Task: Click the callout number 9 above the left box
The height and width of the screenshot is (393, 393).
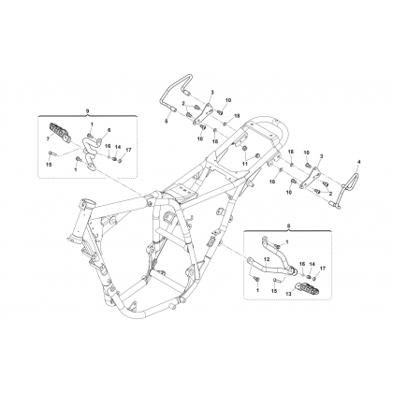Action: coord(87,111)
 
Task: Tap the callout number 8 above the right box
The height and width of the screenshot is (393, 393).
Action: coord(288,225)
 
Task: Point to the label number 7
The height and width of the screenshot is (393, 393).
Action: coord(48,139)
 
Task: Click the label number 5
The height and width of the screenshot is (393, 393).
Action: coord(166,122)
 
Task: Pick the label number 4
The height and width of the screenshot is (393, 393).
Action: coord(358,162)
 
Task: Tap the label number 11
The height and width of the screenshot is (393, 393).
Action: coord(245,163)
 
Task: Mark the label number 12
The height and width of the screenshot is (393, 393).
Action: coord(267,259)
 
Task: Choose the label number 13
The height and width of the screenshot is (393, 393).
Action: coord(288,294)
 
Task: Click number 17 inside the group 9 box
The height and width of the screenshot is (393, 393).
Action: coord(126,150)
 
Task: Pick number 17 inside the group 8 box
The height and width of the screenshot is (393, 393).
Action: coord(322,268)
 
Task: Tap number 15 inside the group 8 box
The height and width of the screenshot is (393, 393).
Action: coord(274,291)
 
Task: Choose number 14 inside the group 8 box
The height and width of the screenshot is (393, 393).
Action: coord(312,264)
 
